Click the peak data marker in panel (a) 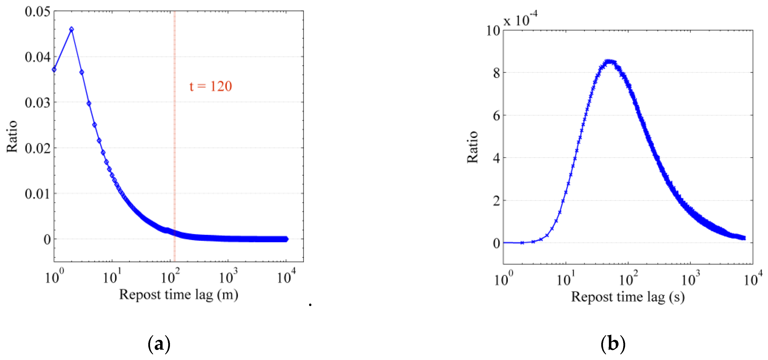pyautogui.click(x=71, y=29)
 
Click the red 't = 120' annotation pyautogui.click(x=211, y=86)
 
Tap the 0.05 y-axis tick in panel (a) pyautogui.click(x=38, y=12)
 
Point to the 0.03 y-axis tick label pyautogui.click(x=38, y=102)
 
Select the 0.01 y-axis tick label pyautogui.click(x=38, y=194)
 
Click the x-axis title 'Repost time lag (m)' pyautogui.click(x=179, y=295)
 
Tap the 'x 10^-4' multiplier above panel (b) pyautogui.click(x=520, y=20)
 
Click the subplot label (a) pyautogui.click(x=159, y=344)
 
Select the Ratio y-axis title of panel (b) pyautogui.click(x=472, y=147)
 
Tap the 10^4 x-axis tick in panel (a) pyautogui.click(x=286, y=277)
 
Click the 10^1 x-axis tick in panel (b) pyautogui.click(x=566, y=279)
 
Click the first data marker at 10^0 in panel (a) pyautogui.click(x=54, y=70)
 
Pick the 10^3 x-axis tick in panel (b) pyautogui.click(x=690, y=279)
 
